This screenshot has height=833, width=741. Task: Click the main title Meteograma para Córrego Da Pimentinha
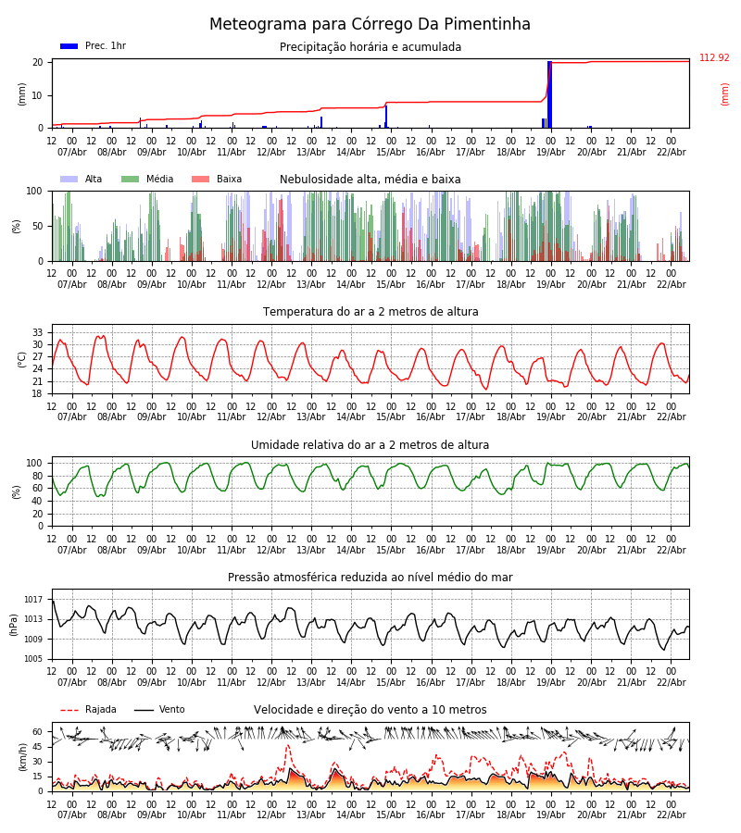point(370,24)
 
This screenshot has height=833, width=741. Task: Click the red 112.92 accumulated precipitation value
point(714,58)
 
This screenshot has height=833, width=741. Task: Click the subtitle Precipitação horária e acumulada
point(370,47)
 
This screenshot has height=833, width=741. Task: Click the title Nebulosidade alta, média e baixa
point(370,180)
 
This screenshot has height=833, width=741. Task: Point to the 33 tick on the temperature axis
point(38,332)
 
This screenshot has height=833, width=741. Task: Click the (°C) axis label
point(22,359)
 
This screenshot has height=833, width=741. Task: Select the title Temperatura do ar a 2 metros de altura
point(370,312)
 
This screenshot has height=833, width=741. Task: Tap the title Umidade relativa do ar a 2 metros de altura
point(370,445)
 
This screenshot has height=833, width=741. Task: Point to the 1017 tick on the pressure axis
point(34,600)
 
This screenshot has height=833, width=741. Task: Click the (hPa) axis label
point(14,624)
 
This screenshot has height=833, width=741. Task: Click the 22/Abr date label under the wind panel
point(671,814)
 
